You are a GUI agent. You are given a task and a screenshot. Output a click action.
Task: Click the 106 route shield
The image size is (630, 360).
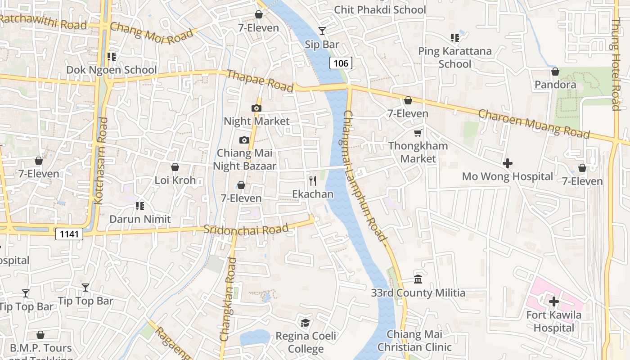pos(341,63)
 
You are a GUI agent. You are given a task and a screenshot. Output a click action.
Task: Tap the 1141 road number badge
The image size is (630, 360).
pos(69,234)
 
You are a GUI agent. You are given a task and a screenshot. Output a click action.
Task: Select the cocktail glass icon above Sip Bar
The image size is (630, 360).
pos(322,31)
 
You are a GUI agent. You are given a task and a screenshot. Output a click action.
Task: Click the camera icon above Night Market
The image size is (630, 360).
pos(256,108)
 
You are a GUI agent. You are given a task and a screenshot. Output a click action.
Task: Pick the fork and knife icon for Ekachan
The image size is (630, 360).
pos(313,181)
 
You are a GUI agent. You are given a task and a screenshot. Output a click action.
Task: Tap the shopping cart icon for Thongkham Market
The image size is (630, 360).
pos(418,133)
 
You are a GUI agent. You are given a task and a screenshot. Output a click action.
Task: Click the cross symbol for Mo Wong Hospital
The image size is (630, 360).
pos(508,163)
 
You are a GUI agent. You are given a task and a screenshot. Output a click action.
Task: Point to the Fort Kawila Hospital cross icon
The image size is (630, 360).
pos(553,301)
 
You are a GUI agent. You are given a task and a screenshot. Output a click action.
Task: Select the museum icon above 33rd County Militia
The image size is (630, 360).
pos(418,279)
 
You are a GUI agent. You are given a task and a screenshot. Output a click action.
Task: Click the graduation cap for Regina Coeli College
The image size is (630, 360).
pos(306,323)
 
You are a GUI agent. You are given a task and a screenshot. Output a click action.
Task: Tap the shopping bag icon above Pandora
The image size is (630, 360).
pos(555,72)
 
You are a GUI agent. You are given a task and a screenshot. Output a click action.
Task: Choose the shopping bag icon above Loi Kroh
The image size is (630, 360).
pos(175,167)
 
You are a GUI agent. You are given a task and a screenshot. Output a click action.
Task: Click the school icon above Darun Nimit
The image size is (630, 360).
pos(140,206)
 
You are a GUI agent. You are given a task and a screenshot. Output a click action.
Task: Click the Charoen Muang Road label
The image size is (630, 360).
pos(534,124)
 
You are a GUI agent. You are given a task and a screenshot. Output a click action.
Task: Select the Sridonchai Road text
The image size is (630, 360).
pos(246,229)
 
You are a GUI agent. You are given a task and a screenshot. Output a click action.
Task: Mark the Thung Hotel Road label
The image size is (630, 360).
pos(616,64)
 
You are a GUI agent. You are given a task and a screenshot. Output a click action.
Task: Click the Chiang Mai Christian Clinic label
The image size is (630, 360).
pos(414,341)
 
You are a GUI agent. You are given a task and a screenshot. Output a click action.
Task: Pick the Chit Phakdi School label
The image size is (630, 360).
pos(380,9)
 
